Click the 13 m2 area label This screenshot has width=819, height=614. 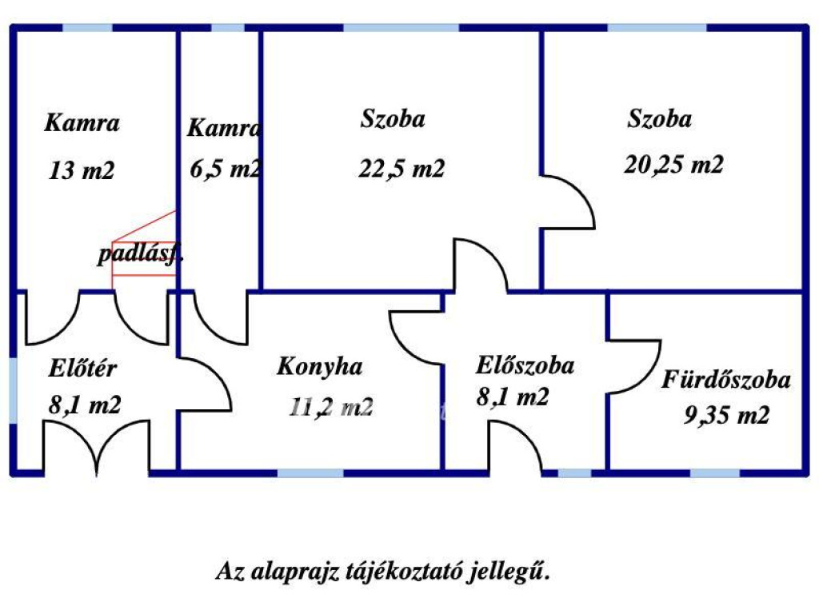click(82, 170)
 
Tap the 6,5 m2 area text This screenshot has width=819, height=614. click(225, 169)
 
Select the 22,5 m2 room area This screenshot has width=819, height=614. click(402, 169)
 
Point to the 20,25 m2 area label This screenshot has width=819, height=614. click(673, 165)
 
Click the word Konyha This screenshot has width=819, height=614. click(319, 367)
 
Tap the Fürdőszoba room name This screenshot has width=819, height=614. click(725, 380)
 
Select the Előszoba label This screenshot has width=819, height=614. click(525, 366)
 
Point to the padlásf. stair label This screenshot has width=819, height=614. click(141, 255)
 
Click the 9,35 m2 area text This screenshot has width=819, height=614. click(726, 416)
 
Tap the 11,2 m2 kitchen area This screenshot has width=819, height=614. click(331, 408)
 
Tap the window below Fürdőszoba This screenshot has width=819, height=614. click(714, 473)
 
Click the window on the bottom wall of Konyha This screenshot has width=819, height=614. click(310, 473)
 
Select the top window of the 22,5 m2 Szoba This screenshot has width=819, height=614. click(401, 28)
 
